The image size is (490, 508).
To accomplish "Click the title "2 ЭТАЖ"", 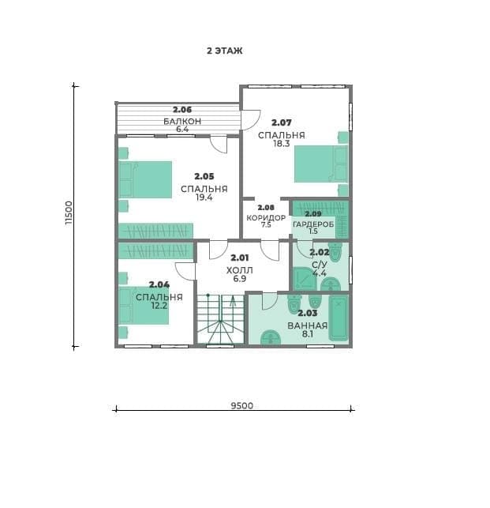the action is coord(225,51).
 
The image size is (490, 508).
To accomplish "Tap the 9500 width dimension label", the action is coord(241,405).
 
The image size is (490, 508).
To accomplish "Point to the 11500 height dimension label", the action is coord(69,213).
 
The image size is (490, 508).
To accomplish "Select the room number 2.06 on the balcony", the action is coord(182,110).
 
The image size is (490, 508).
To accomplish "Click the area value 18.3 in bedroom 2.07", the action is coord(281,144).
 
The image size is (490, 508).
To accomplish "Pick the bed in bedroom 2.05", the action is coord(145,179).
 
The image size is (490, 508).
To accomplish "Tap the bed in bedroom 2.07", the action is coord(321,164).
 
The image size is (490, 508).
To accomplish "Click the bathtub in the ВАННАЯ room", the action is coord(339,318).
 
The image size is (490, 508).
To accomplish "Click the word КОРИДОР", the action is coord(266,218).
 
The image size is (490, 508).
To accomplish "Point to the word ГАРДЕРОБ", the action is coord(313,224).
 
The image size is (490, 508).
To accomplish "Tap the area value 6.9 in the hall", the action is coord(240,279).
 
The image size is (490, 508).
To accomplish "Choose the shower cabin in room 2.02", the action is coord(305,278).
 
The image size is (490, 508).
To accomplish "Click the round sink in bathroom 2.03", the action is coord(270,337).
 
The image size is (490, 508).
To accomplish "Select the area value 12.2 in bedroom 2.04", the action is coord(159,305).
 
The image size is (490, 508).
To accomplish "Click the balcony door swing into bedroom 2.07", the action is coord(251,120).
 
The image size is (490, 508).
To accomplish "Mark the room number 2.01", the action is coord(240,258).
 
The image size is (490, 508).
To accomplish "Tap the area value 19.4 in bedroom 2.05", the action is coord(204,198).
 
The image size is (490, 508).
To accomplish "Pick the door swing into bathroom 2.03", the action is coord(270,301).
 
